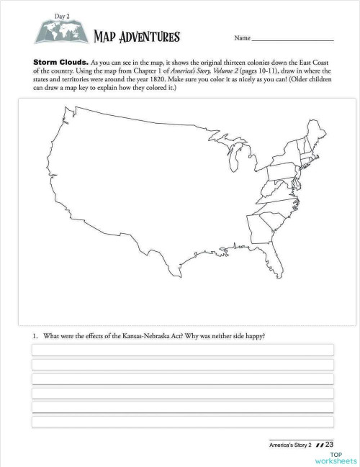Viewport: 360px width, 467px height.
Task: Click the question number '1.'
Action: [x=35, y=335]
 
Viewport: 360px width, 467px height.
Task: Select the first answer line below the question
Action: [x=182, y=350]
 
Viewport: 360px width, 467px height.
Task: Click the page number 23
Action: [x=332, y=445]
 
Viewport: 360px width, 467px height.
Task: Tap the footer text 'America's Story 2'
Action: [x=292, y=445]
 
